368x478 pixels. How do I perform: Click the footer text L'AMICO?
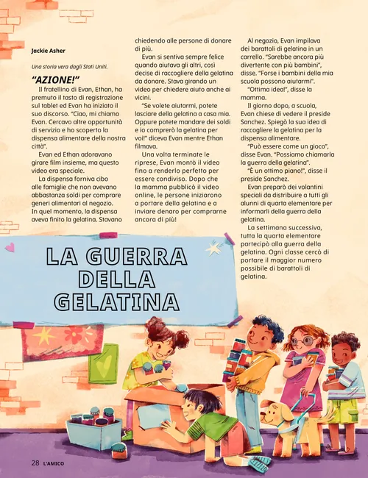tap(57, 463)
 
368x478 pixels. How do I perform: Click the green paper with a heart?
tap(103, 363)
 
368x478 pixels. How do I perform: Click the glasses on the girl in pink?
tap(302, 341)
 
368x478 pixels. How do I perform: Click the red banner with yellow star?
tap(52, 343)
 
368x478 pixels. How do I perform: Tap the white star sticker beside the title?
tap(213, 249)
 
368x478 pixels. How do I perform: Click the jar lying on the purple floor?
tap(119, 451)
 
